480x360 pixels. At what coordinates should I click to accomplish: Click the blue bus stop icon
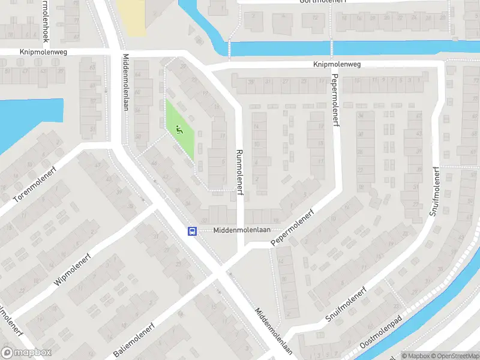[192, 231]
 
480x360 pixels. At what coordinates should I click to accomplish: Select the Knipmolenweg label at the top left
[43, 52]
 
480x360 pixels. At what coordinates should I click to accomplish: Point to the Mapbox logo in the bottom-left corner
[26, 353]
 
